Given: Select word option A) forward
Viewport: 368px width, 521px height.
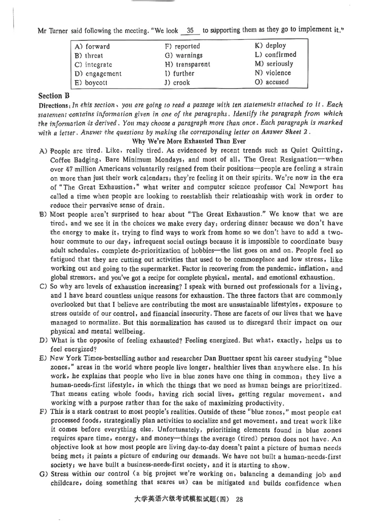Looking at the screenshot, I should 92,46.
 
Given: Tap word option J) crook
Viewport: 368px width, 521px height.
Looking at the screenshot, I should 177,83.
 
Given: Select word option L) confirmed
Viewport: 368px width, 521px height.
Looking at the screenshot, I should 275,55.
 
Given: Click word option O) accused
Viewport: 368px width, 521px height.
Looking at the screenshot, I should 271,82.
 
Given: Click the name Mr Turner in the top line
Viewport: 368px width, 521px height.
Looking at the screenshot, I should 55,32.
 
